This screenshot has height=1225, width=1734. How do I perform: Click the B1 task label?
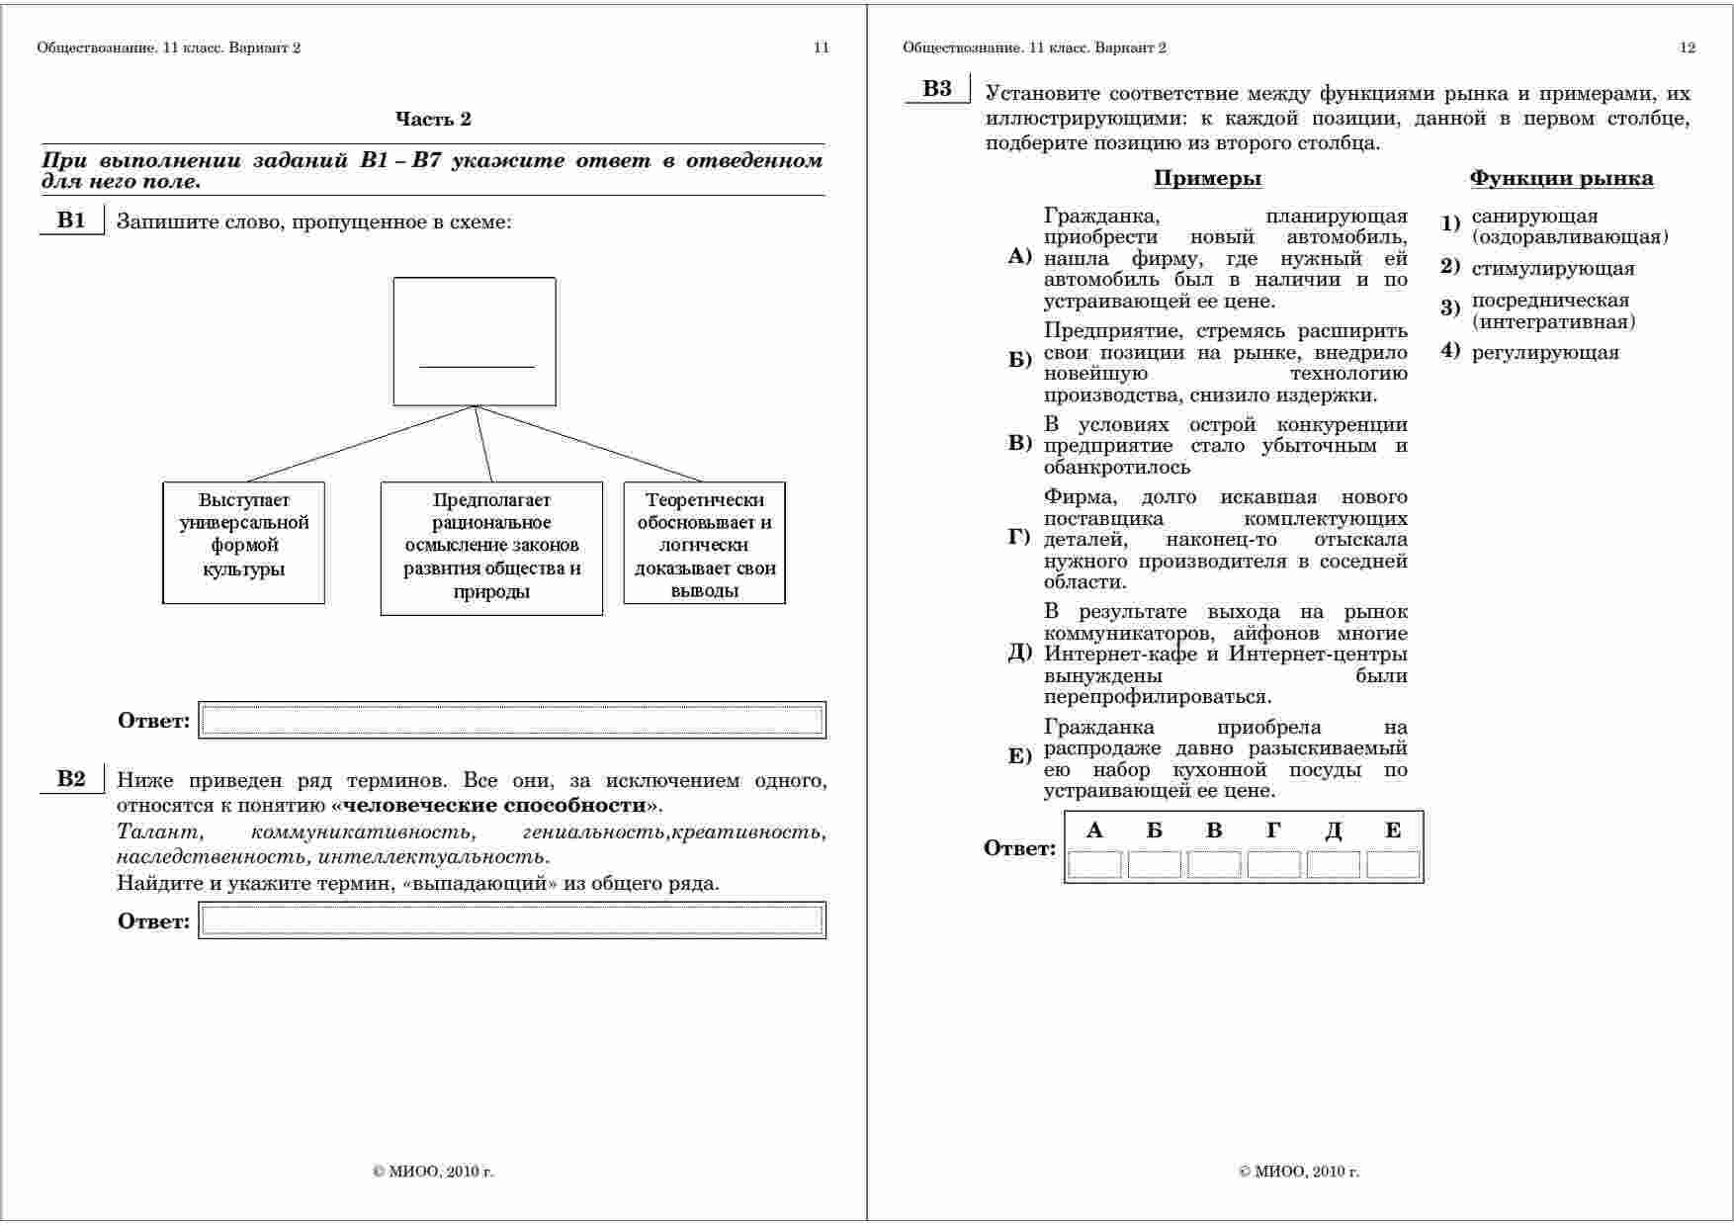[71, 220]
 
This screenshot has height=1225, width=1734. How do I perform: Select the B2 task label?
[71, 779]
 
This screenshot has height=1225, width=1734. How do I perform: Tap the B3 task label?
[937, 89]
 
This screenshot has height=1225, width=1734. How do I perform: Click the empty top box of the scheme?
[475, 341]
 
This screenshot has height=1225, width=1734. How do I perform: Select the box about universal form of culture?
[243, 542]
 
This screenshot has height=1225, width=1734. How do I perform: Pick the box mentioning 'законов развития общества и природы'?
[491, 548]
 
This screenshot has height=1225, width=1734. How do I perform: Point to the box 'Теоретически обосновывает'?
[704, 543]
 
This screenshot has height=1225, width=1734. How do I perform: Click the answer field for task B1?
[512, 720]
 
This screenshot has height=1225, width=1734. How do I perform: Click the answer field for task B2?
[512, 920]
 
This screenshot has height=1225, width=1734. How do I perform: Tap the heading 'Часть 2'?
[433, 120]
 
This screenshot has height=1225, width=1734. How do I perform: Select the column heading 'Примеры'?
[1207, 179]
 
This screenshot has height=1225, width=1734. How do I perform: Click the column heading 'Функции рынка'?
[1561, 179]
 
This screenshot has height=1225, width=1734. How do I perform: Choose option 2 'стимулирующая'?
[1552, 269]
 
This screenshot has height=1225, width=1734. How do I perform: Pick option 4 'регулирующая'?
[1544, 353]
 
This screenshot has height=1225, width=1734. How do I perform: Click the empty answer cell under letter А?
[1094, 865]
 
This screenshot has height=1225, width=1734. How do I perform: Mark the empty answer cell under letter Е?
[1393, 865]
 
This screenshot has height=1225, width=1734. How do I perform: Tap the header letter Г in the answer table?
[1273, 831]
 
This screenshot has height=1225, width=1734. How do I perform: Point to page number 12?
[1688, 47]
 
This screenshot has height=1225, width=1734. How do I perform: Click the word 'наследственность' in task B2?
[211, 857]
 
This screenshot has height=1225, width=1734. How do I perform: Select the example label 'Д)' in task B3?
[1020, 654]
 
